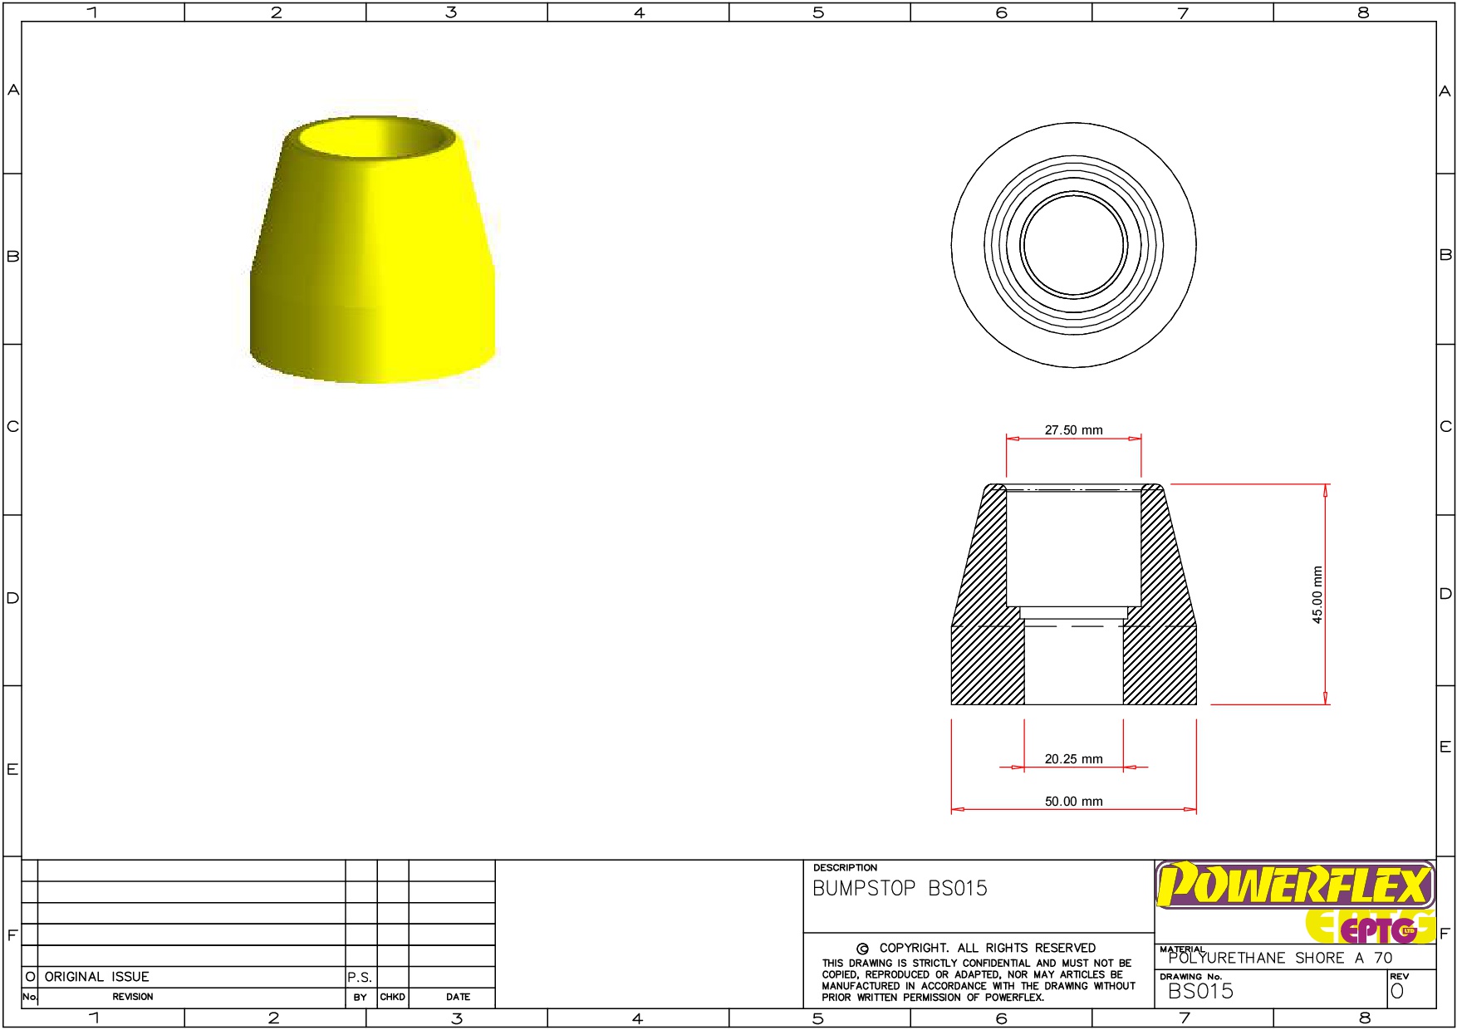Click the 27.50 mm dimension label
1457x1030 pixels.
(1073, 430)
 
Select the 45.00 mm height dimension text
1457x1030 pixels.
(1317, 595)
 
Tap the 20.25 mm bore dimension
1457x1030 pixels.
(1073, 759)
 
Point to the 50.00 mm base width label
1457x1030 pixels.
(1073, 802)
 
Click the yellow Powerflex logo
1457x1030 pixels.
(1294, 885)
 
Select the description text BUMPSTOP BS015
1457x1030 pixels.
(900, 889)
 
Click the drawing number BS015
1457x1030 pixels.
(1200, 991)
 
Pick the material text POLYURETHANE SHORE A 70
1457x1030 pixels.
(1280, 959)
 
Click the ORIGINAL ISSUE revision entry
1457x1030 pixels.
(96, 977)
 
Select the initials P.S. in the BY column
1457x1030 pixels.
(360, 978)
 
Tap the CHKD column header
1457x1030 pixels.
(392, 997)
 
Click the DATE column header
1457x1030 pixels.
(458, 997)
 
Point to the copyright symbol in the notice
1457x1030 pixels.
(862, 949)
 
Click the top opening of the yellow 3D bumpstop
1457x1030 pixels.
(376, 137)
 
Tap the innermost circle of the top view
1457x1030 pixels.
(1073, 245)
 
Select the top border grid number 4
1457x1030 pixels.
(639, 12)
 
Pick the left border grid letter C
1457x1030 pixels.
(12, 427)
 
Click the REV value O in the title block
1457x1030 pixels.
(1397, 991)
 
